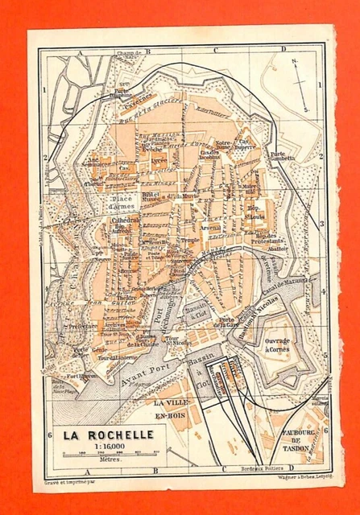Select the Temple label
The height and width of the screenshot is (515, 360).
188,241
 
